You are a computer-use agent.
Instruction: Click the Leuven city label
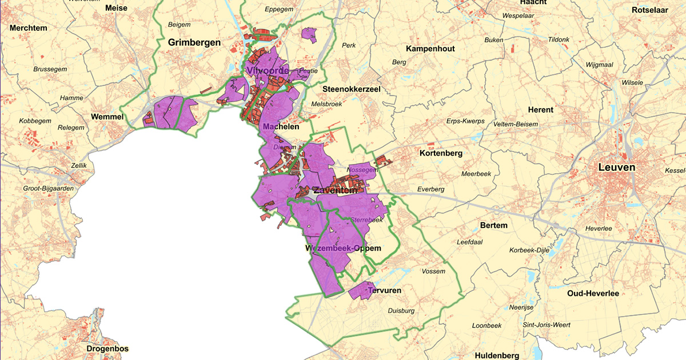tap(616, 167)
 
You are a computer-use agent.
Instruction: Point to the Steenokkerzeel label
tap(351, 89)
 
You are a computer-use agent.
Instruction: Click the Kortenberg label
tap(441, 153)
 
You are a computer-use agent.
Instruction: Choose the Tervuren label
tap(385, 291)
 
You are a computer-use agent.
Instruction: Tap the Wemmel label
tap(107, 117)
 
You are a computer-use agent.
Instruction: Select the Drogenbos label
tap(107, 349)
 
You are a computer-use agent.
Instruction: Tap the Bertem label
tap(494, 226)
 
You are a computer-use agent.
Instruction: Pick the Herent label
tap(540, 110)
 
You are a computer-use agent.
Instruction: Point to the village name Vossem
tap(433, 271)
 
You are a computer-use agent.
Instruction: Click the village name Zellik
tap(78, 166)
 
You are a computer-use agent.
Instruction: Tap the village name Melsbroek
tap(326, 105)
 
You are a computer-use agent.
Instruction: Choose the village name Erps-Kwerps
tap(465, 121)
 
